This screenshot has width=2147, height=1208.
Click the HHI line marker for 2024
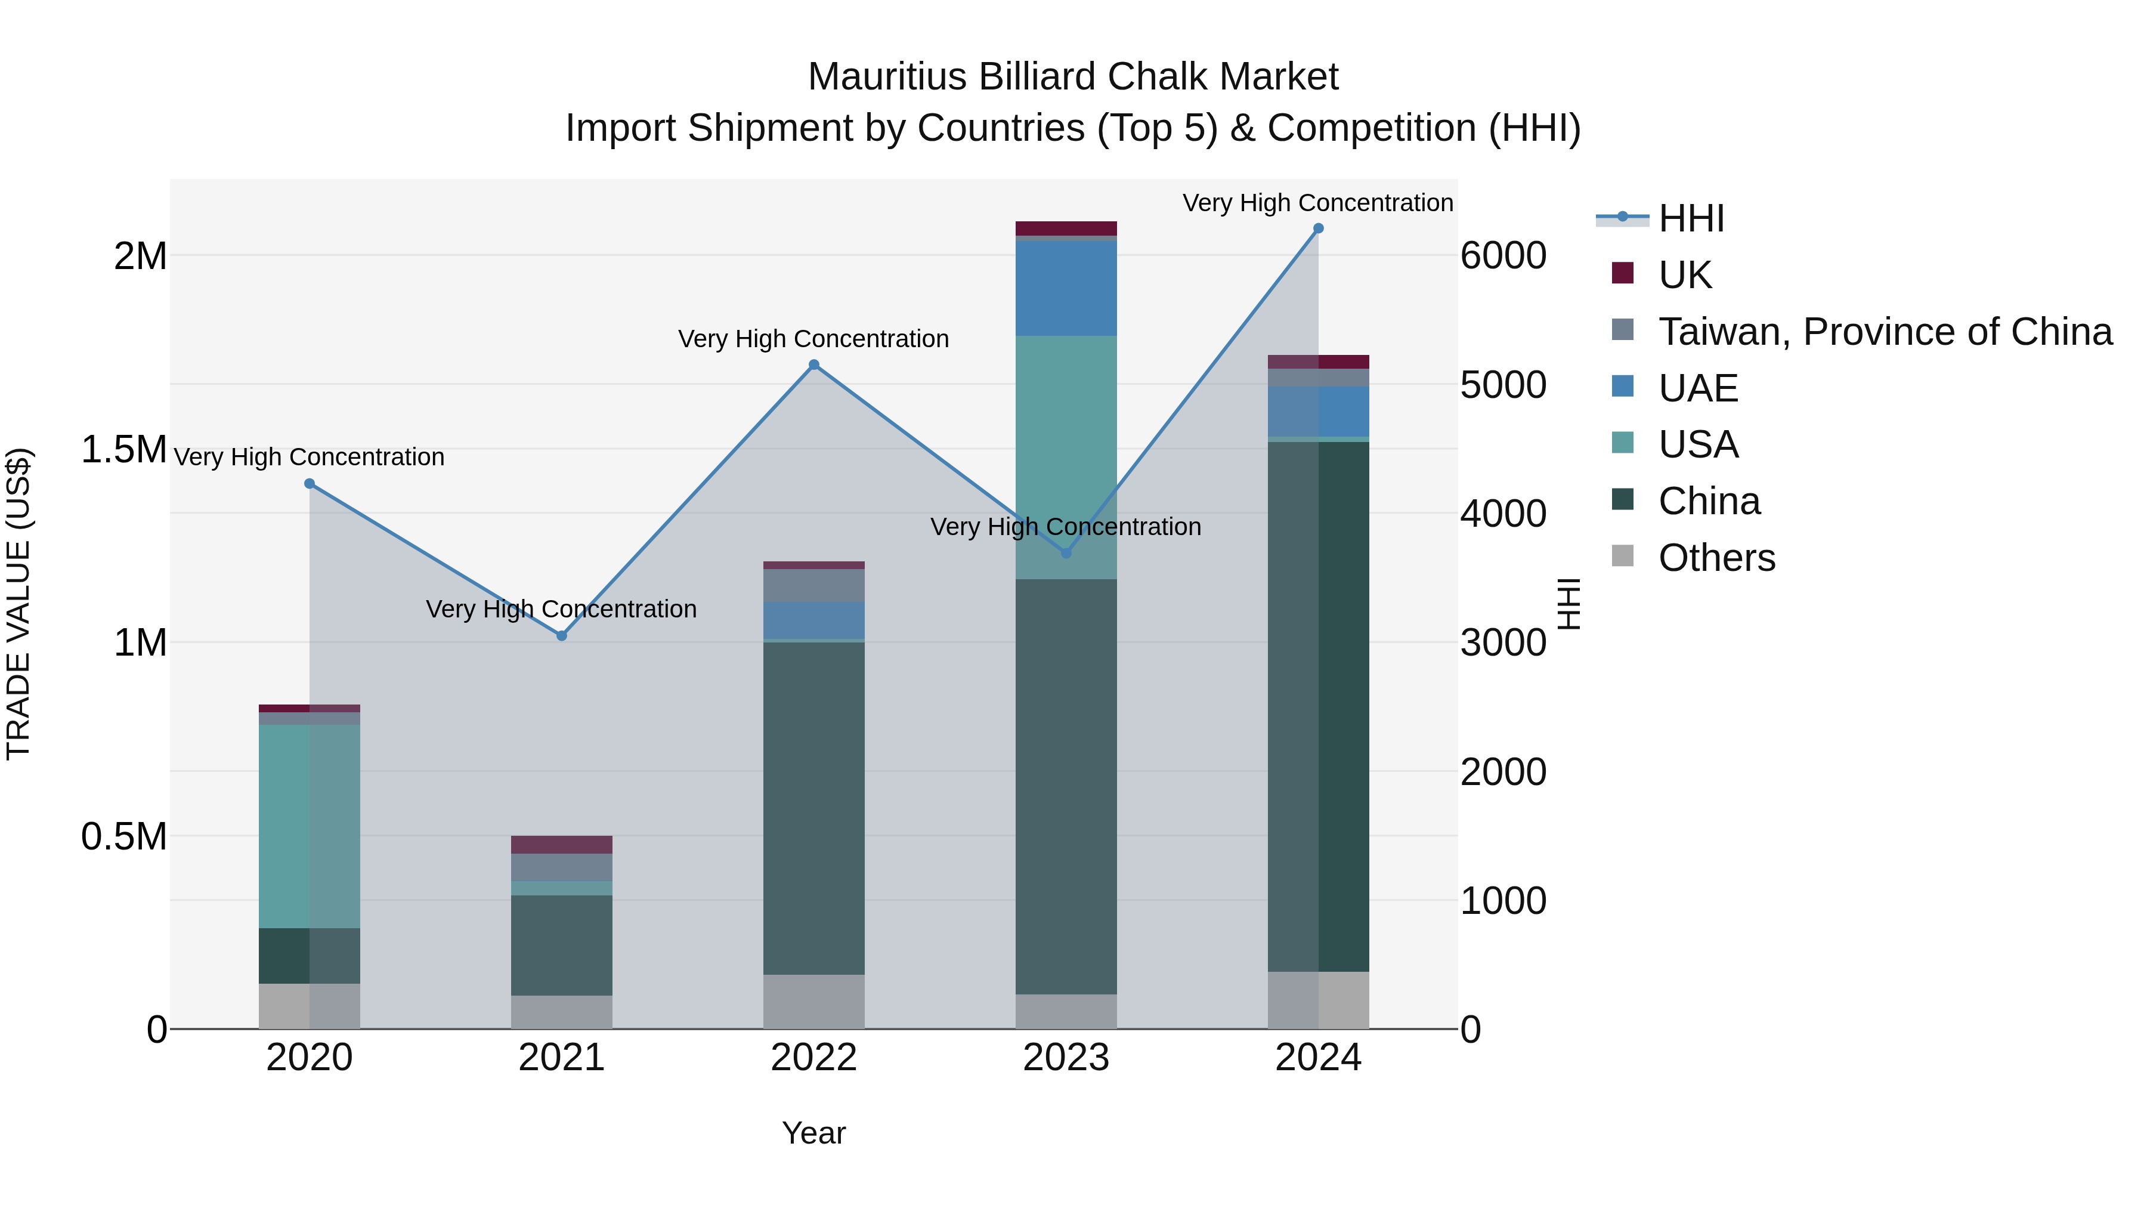[x=1317, y=228]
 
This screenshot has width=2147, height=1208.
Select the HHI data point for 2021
[x=562, y=635]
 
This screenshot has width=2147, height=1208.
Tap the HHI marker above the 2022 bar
[x=814, y=364]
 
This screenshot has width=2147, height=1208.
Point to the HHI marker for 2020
[x=309, y=484]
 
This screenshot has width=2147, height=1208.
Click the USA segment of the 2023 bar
[x=1066, y=434]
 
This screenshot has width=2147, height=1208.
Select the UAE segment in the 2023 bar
[x=1066, y=288]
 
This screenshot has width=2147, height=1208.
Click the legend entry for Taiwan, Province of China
[x=1885, y=332]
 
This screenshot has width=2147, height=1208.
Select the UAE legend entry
[x=1698, y=388]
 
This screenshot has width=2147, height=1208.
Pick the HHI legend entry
[x=1691, y=218]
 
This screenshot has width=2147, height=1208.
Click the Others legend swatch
[x=1622, y=556]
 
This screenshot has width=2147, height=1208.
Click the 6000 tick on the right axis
[x=1503, y=256]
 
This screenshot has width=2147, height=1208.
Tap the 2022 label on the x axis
[x=813, y=1058]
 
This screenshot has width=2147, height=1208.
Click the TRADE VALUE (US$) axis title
[x=18, y=604]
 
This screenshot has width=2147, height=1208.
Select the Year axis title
[x=813, y=1133]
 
